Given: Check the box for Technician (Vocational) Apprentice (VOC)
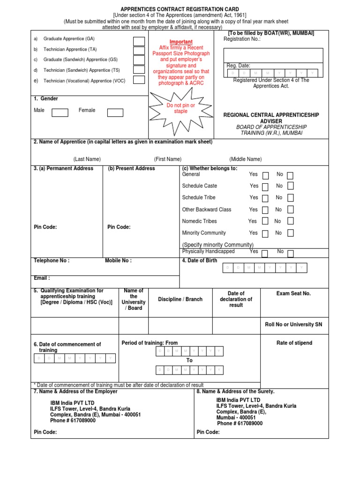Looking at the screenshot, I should [139, 80].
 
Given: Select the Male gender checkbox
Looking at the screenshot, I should [60, 112].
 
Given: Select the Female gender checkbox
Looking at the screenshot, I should [115, 112].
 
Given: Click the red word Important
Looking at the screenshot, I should [180, 42].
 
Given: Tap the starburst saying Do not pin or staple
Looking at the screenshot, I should [180, 109].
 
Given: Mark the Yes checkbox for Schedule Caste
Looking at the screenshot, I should [265, 187].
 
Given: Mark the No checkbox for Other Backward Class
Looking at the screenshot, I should [290, 210].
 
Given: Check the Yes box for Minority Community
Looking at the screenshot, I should [265, 233].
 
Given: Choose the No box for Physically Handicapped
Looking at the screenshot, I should [290, 254].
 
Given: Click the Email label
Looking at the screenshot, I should [42, 278].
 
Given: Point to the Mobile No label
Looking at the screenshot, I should [118, 261].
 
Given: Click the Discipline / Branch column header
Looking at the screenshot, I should [180, 300].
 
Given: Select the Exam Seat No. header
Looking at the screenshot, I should [293, 293].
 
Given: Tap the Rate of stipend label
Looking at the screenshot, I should [294, 343].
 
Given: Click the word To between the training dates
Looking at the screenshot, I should [189, 360].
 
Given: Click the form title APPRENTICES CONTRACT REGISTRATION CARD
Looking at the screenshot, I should [180, 9].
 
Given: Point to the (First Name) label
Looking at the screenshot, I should [167, 159].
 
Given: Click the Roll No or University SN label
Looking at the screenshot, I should [293, 324].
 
